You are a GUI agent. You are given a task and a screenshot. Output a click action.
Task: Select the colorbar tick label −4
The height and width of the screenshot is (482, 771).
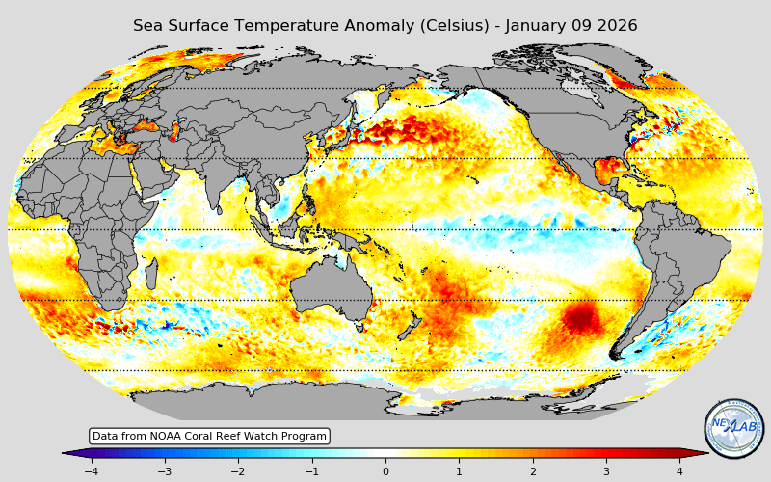coord(91,471)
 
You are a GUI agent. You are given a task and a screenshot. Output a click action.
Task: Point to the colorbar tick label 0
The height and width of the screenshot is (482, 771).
coord(385,471)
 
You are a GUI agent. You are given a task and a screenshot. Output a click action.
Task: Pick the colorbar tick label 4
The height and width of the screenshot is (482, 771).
coord(679,471)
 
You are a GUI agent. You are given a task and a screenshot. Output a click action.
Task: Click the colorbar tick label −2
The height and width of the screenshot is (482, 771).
coord(237,471)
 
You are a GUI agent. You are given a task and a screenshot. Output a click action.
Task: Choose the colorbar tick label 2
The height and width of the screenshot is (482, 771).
coord(533,471)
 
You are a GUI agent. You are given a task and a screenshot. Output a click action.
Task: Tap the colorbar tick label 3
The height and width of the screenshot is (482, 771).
coord(606,471)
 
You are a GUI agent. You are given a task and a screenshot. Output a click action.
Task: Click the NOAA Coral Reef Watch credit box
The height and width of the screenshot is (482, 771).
coord(209,437)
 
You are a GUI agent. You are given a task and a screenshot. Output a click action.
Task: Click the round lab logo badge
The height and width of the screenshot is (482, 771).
coord(733,428)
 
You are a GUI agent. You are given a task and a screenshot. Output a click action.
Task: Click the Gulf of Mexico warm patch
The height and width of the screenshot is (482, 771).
coord(609,172)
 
